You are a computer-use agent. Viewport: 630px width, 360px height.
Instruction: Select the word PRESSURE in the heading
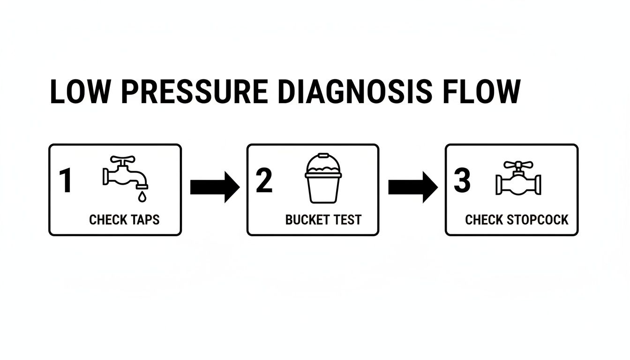click(x=195, y=92)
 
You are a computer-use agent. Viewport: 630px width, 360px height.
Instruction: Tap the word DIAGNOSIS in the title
click(x=354, y=92)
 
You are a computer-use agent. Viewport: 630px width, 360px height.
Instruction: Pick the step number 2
click(x=264, y=181)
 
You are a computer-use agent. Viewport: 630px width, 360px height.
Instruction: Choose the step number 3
click(x=462, y=181)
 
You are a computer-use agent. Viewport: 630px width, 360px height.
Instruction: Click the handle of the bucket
click(x=323, y=157)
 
